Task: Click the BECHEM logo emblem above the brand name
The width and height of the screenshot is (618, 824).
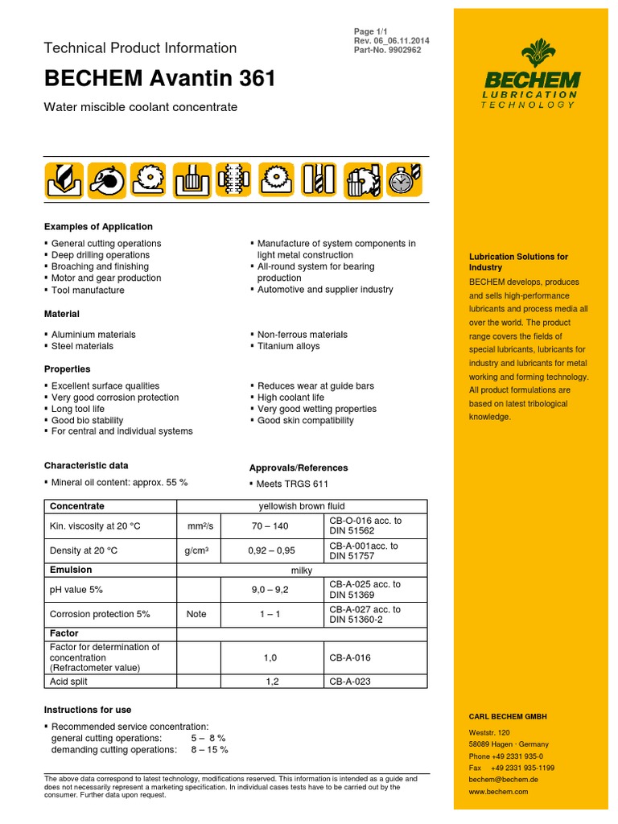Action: [532, 55]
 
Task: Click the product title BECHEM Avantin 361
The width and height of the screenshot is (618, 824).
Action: [160, 78]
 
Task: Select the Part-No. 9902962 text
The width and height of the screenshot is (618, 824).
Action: [387, 50]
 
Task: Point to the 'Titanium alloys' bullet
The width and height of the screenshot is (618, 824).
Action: [288, 346]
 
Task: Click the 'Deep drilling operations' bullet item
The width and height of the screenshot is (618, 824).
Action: [101, 255]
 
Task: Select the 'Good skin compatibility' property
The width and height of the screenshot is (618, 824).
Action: [305, 420]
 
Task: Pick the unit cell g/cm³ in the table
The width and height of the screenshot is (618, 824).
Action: [196, 551]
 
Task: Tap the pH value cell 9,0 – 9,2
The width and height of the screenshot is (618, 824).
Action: [270, 589]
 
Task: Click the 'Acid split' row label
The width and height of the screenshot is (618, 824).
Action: [68, 682]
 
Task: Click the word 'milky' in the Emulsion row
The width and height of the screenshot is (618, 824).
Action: [301, 570]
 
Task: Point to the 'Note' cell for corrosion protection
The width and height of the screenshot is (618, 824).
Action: [196, 614]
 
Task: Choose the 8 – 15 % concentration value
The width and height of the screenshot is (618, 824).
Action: [209, 749]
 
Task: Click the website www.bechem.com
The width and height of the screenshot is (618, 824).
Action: [498, 792]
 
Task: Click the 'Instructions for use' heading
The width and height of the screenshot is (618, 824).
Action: [88, 710]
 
